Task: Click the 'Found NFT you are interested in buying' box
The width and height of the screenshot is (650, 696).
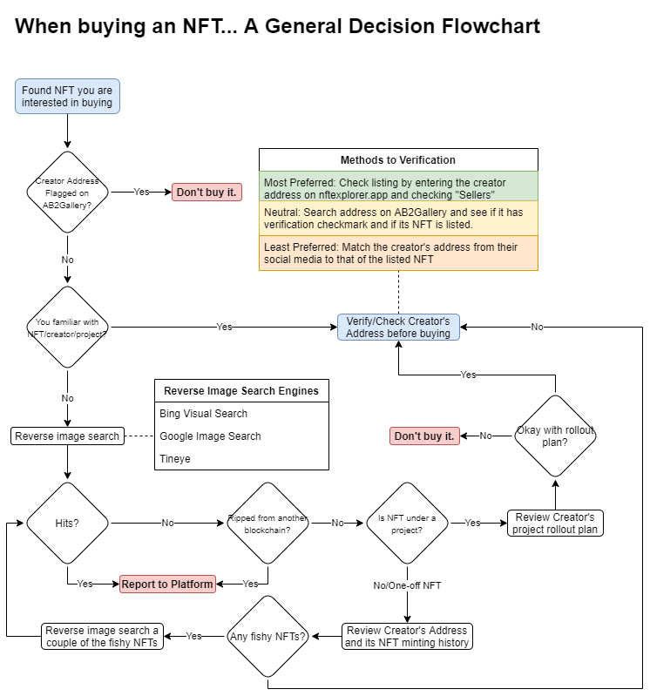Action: [x=67, y=96]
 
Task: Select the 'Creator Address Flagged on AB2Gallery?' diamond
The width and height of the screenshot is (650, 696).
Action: [x=67, y=192]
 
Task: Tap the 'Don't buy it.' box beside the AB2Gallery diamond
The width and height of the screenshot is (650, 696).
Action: [x=206, y=192]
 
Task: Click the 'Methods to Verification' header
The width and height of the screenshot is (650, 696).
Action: [x=398, y=160]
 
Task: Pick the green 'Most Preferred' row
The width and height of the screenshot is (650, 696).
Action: [x=398, y=188]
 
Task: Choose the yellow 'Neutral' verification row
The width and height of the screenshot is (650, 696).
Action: [x=398, y=219]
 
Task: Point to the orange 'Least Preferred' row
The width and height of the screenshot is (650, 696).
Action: [x=398, y=253]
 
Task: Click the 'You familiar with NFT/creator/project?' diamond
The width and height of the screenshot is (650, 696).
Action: [x=67, y=327]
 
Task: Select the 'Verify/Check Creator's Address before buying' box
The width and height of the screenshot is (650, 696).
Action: [x=398, y=327]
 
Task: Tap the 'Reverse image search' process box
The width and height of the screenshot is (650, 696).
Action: [x=67, y=436]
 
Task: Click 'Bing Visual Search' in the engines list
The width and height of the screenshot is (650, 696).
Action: [x=204, y=414]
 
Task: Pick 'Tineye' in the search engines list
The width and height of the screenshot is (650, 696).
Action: [x=175, y=458]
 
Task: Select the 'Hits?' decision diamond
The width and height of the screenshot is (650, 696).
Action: [x=67, y=523]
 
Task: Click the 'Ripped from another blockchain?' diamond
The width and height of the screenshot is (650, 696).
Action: [x=267, y=523]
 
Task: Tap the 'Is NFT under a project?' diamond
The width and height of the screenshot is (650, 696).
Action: [x=407, y=523]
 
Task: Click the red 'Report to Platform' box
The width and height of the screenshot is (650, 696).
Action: [x=167, y=584]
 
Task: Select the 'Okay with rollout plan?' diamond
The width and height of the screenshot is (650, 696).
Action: [x=555, y=436]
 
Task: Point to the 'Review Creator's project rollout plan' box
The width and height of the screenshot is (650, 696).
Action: [x=555, y=523]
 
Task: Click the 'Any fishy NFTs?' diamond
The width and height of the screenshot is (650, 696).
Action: [x=267, y=636]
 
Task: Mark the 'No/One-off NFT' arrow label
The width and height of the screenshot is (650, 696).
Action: [x=407, y=585]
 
